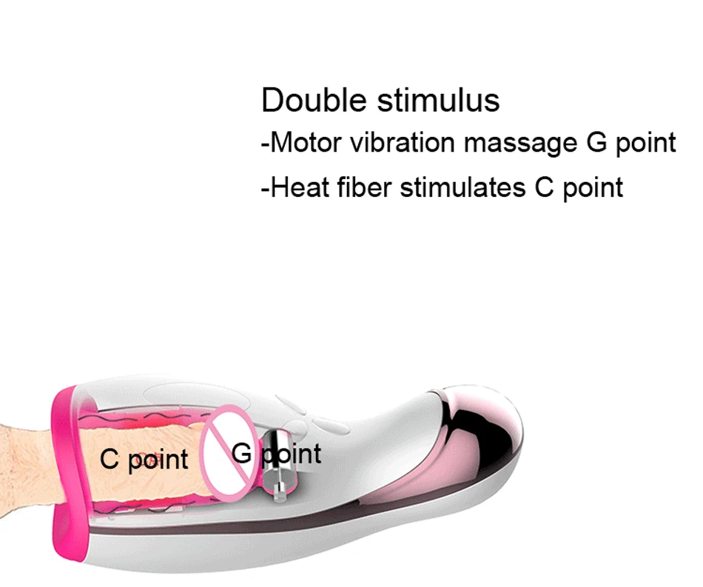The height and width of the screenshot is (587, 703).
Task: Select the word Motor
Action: (306, 143)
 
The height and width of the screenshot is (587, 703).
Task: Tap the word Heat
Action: (300, 187)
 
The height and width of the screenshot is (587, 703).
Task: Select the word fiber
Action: (365, 187)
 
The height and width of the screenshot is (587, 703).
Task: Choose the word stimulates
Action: (462, 187)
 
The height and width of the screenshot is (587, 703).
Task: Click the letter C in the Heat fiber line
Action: (544, 187)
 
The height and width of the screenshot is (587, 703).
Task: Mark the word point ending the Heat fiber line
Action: (593, 188)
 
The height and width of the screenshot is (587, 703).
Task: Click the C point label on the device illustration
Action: (144, 460)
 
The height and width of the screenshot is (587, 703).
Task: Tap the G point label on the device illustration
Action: (277, 454)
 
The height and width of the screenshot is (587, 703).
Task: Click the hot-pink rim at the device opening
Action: (70, 475)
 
